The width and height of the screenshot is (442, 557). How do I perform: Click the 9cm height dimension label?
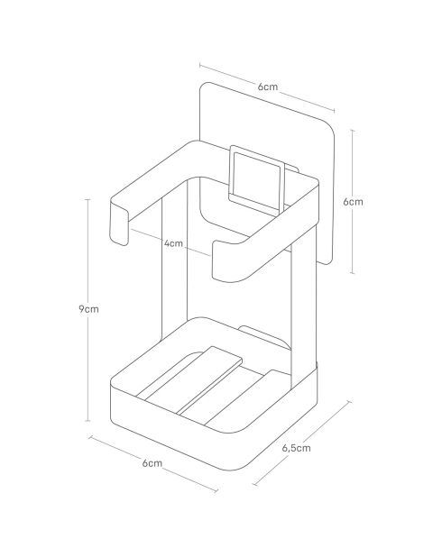click(x=88, y=307)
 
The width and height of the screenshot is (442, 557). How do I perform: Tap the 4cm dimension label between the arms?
click(x=173, y=243)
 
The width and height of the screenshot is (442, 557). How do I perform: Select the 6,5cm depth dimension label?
click(x=297, y=447)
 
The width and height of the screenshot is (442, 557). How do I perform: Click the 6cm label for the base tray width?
click(x=152, y=463)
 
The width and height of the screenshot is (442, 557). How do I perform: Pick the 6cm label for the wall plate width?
click(x=266, y=87)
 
